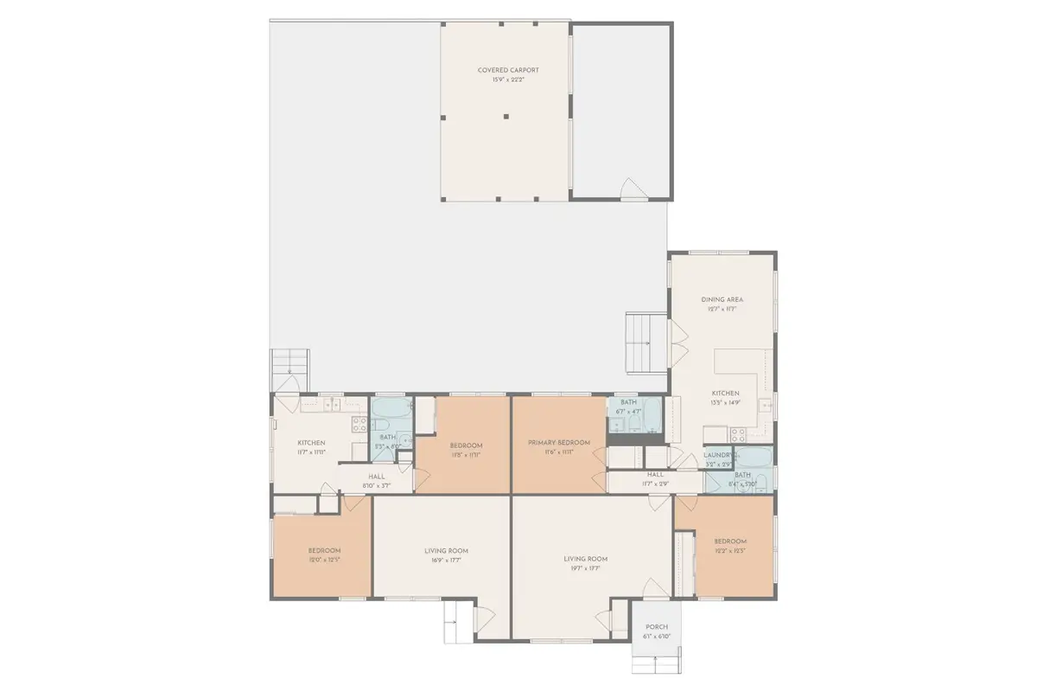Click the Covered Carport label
tap(502, 70)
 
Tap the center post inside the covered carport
tap(506, 115)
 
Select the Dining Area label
tap(722, 300)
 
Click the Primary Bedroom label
tap(559, 443)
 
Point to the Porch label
tap(657, 627)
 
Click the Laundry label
tap(719, 455)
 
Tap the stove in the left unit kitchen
tap(360, 424)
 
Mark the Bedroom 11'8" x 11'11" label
tap(466, 445)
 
